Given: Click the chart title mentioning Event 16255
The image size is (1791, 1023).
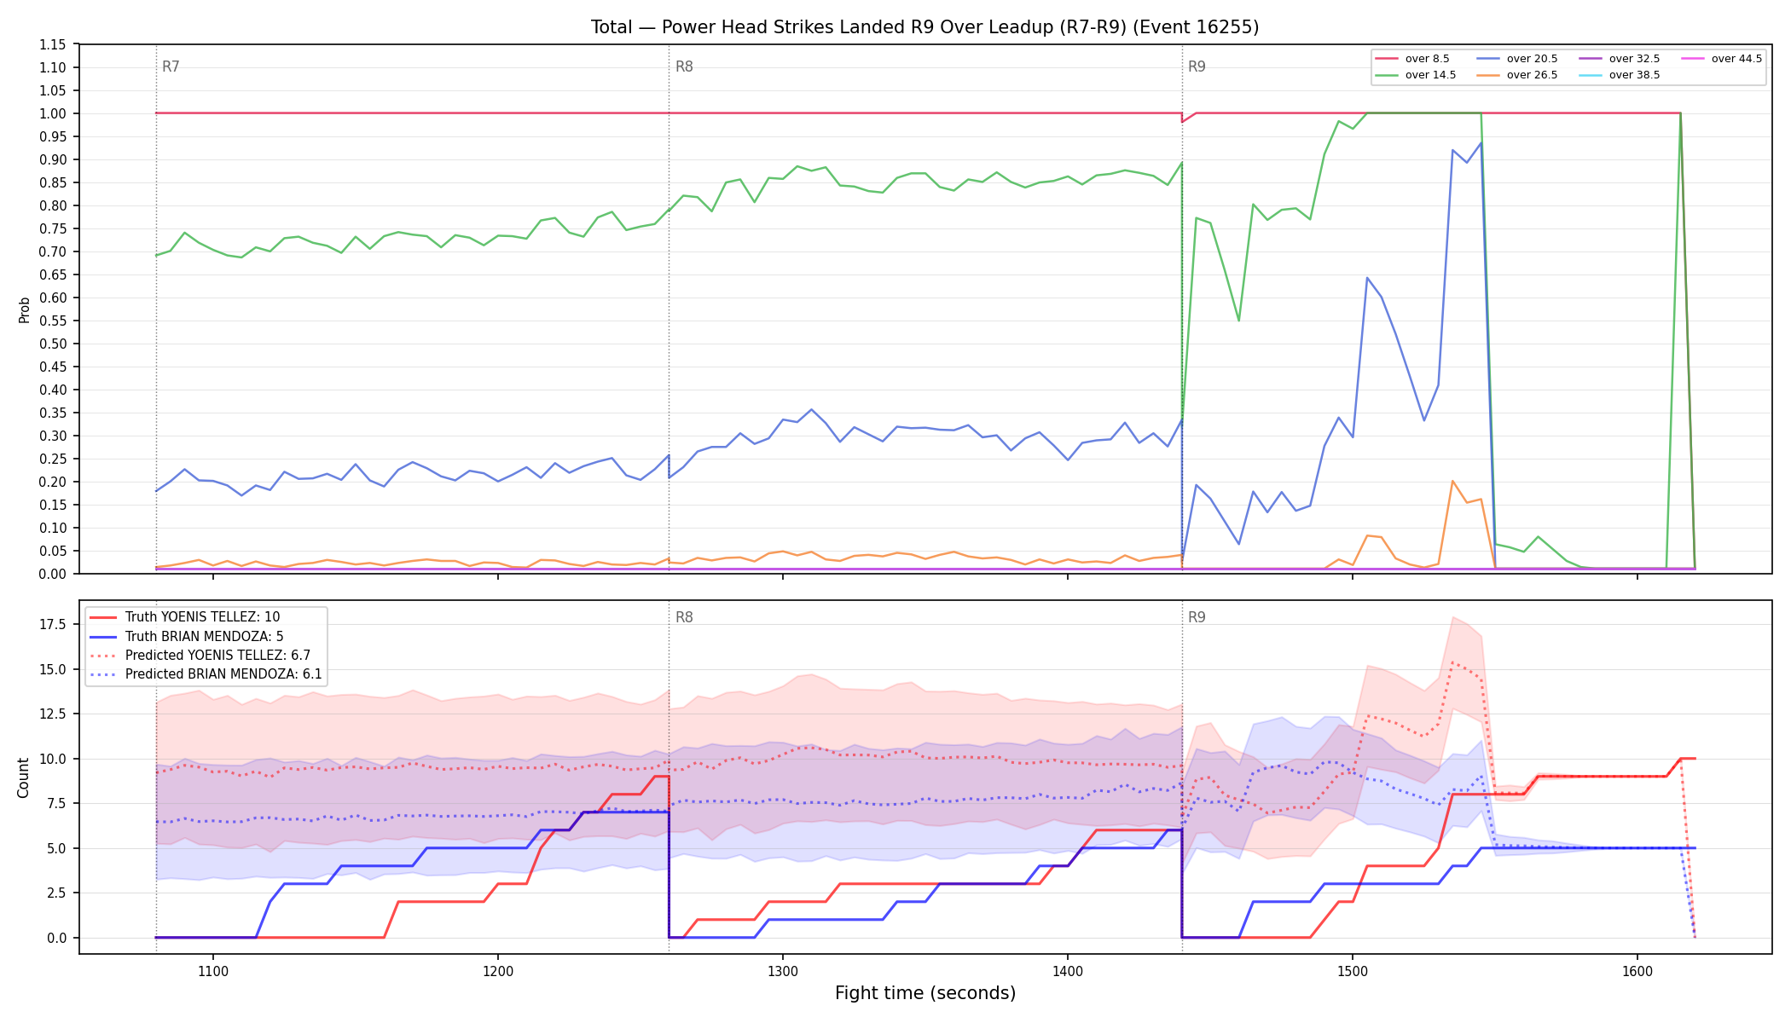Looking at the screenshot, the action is [x=924, y=27].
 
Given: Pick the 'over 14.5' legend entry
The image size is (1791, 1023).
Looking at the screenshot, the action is [x=1415, y=75].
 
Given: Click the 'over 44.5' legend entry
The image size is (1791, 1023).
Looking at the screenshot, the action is [x=1721, y=59].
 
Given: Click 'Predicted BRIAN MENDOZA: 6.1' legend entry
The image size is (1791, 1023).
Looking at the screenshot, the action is [x=206, y=674].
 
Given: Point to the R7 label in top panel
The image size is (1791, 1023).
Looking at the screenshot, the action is [x=171, y=66].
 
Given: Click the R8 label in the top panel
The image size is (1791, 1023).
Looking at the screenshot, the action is [x=684, y=66].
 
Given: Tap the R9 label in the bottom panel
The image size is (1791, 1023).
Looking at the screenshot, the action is [x=1197, y=617].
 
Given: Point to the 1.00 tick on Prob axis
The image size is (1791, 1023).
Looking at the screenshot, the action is [x=53, y=113].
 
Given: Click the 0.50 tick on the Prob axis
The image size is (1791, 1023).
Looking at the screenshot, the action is [x=53, y=344].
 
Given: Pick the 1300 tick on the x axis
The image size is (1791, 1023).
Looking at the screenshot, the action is [x=783, y=971].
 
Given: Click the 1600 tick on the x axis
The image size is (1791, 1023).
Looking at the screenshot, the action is [x=1637, y=971].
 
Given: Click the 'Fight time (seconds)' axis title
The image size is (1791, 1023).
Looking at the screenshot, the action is [x=925, y=993].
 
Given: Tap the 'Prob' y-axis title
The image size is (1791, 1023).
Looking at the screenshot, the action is [x=24, y=309].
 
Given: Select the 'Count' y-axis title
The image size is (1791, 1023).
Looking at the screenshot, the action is [x=23, y=777].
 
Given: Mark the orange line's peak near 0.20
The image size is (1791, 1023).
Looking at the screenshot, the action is [x=1452, y=481].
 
